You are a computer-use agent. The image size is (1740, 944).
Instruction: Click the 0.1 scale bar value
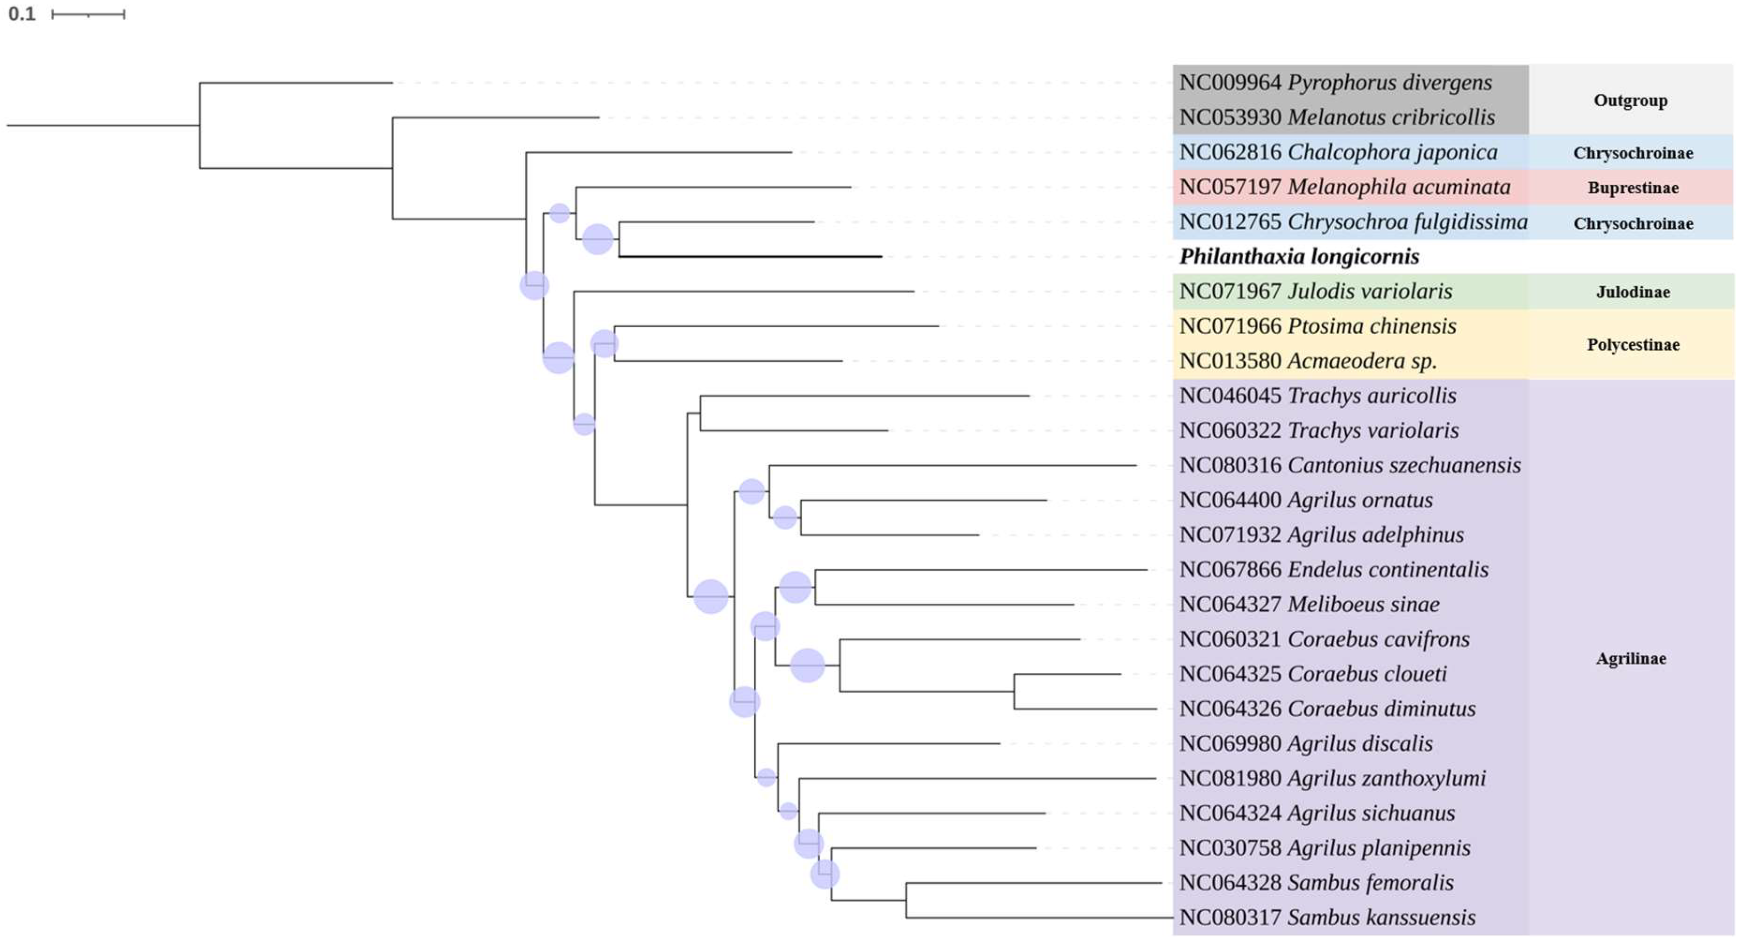tap(21, 13)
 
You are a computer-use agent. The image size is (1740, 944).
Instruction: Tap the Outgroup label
tap(1630, 100)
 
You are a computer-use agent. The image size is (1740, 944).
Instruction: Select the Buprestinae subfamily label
tap(1632, 187)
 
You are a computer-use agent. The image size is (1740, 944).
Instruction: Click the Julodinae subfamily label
tap(1632, 292)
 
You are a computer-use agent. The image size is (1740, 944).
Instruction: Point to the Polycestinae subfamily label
tap(1632, 345)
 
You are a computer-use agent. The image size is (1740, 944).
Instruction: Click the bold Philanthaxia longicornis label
tap(1299, 257)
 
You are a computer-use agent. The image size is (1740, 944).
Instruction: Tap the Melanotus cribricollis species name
tap(1391, 118)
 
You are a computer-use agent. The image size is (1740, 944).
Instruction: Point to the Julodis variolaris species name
tap(1369, 291)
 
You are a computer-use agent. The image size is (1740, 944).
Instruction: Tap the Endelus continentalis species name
tap(1388, 570)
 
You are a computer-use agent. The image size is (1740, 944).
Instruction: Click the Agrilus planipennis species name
tap(1379, 848)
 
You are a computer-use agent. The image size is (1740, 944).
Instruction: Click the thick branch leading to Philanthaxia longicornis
tap(750, 257)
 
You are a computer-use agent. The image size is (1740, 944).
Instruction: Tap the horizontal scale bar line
tap(88, 14)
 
